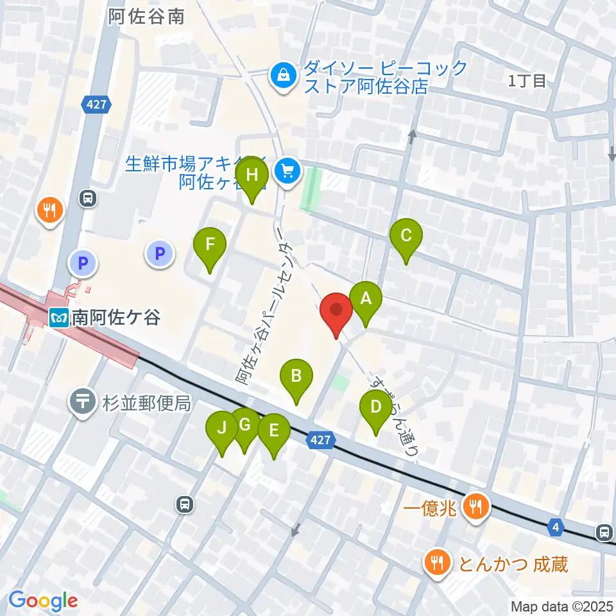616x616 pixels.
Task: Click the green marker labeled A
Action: tap(366, 299)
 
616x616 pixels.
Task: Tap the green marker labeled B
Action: tap(296, 376)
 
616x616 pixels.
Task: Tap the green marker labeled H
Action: tap(252, 175)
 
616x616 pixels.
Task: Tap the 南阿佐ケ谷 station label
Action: tap(116, 317)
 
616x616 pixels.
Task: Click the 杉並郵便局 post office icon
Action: tap(82, 404)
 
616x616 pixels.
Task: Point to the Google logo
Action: tap(43, 601)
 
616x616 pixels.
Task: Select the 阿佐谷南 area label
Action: tap(146, 17)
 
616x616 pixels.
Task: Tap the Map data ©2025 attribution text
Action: tap(562, 606)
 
